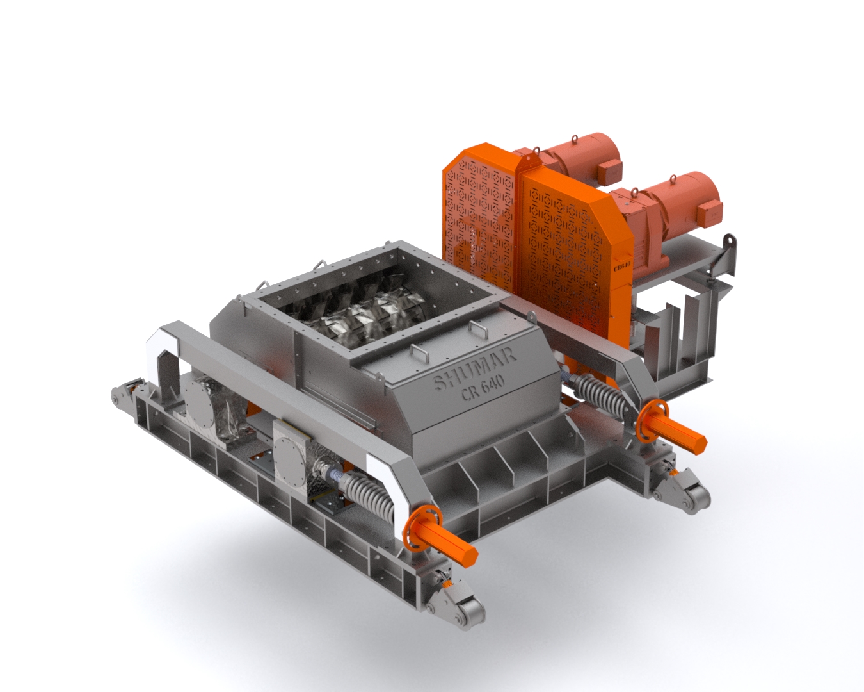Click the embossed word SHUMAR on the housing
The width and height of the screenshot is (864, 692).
pos(475,369)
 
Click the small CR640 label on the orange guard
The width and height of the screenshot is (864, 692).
pos(622,266)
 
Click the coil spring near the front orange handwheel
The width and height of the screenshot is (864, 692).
pos(369,496)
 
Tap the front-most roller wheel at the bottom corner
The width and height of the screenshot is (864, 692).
pos(470,615)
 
